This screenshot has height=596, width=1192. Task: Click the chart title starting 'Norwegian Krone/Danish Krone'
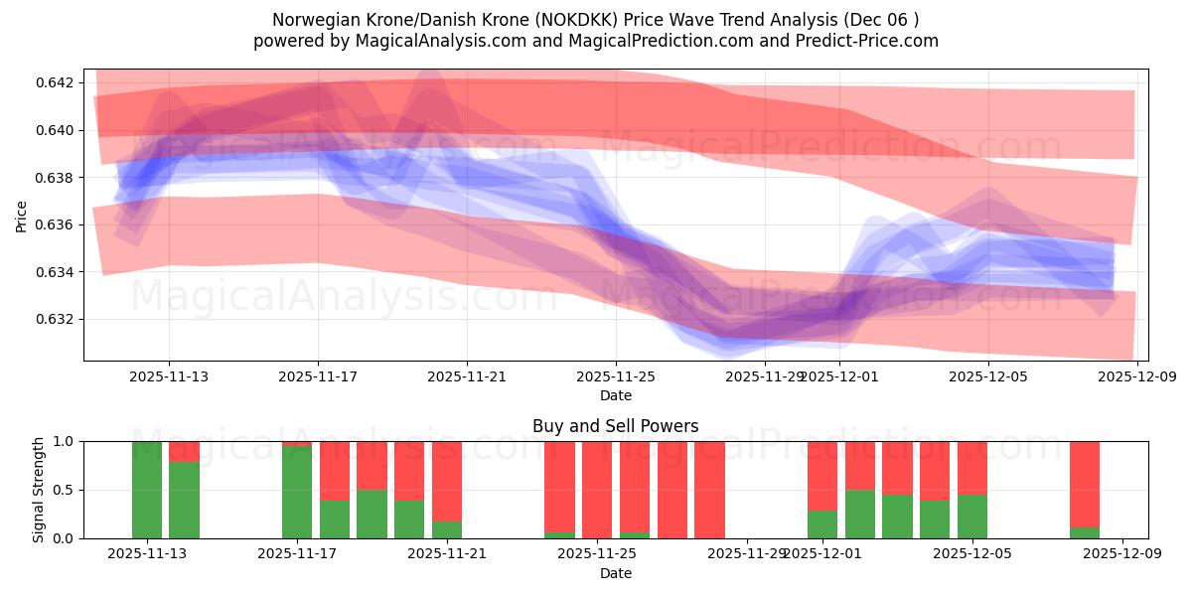596,19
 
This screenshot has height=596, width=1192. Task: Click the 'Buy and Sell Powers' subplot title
616,426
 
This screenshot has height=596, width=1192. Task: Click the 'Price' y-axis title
22,215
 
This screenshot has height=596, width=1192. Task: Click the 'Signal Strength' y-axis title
39,490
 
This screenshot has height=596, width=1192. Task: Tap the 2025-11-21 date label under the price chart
467,377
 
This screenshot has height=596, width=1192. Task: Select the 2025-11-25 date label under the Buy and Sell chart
597,554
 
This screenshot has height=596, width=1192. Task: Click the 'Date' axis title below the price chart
616,395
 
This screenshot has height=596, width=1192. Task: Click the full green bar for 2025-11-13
147,490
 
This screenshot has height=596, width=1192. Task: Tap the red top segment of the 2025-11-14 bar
185,451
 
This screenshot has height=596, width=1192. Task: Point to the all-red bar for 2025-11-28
709,490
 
